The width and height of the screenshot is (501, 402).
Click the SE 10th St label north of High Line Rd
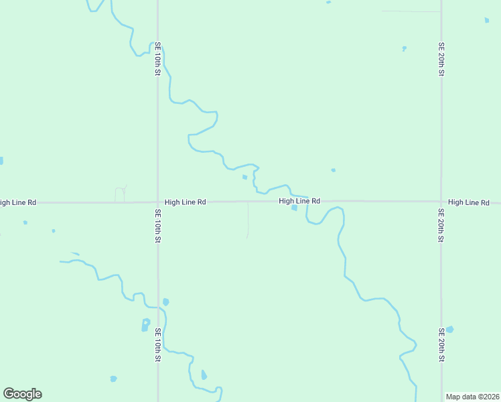click(x=158, y=59)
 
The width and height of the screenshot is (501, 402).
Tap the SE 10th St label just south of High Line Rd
click(x=158, y=226)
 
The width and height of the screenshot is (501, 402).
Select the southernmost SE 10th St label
click(x=158, y=344)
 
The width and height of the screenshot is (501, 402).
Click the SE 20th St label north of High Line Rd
click(x=441, y=59)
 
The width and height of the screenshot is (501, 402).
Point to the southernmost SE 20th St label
click(x=441, y=344)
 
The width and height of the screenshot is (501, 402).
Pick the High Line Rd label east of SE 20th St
click(x=469, y=202)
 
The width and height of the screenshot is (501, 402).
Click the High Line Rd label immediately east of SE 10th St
click(x=185, y=202)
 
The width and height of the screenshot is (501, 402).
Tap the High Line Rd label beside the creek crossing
click(x=299, y=201)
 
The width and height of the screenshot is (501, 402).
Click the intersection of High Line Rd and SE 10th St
click(x=158, y=202)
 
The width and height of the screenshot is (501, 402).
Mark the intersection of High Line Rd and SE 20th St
click(x=441, y=202)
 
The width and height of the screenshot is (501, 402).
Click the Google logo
click(x=22, y=394)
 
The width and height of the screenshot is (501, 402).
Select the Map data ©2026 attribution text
click(x=472, y=397)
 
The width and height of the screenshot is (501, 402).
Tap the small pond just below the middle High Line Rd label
click(x=294, y=208)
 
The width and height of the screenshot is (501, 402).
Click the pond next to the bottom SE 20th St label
click(x=449, y=330)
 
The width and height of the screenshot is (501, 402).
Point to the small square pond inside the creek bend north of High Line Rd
click(x=244, y=178)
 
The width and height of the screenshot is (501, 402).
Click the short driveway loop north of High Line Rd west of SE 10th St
click(x=121, y=193)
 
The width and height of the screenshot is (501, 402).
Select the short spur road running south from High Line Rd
click(x=248, y=220)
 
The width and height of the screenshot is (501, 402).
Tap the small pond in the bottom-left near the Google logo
click(x=113, y=379)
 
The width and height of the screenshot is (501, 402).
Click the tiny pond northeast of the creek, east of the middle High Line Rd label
click(x=333, y=170)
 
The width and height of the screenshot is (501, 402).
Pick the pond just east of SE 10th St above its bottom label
click(x=165, y=302)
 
